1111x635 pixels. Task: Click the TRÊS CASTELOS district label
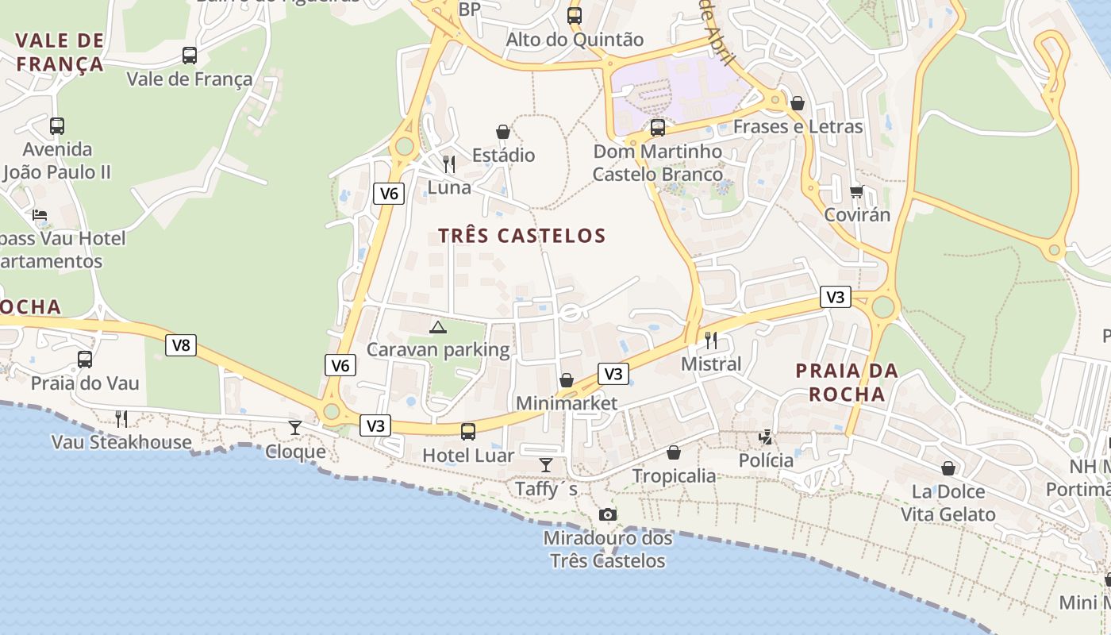click(522, 236)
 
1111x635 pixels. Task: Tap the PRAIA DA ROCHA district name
click(847, 382)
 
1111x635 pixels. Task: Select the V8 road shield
click(181, 345)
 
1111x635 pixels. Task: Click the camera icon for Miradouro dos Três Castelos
click(608, 514)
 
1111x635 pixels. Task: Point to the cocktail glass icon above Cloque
click(295, 428)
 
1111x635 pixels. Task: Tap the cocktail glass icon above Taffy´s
click(546, 464)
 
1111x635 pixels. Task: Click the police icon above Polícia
click(766, 437)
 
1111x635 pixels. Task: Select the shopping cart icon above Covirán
click(856, 191)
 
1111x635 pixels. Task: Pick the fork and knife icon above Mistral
click(711, 341)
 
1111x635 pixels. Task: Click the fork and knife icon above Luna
click(449, 164)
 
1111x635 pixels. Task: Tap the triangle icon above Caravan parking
click(438, 326)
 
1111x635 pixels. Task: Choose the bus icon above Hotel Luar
click(468, 431)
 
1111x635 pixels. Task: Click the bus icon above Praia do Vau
click(85, 359)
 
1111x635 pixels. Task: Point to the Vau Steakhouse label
click(121, 442)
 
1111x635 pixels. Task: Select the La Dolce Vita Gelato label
click(948, 502)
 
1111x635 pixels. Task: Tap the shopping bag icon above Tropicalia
click(674, 452)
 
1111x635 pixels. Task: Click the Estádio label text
click(503, 155)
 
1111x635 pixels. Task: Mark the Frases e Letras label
click(798, 126)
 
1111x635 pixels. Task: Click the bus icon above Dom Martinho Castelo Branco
click(658, 128)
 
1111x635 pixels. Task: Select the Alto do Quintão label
click(575, 39)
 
